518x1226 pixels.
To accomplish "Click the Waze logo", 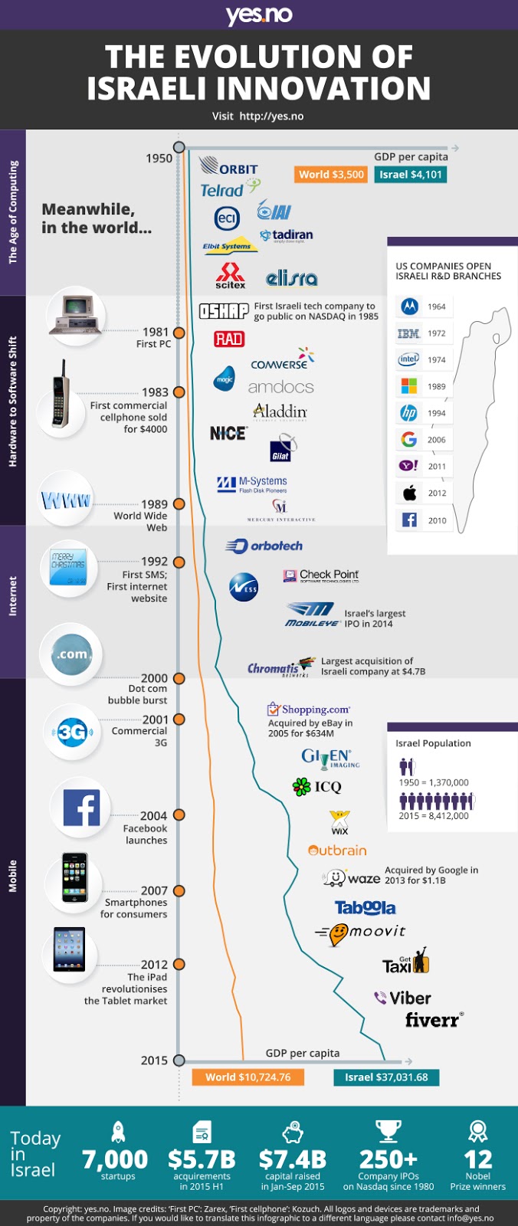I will click(352, 877).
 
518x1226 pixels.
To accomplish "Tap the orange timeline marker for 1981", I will click(179, 333).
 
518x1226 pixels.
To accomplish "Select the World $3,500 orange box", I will click(331, 175).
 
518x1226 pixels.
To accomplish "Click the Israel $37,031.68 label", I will click(386, 1077).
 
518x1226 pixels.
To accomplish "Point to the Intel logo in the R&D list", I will click(408, 359).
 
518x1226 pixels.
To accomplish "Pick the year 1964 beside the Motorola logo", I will click(437, 306).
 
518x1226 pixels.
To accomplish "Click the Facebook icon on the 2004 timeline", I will click(80, 808).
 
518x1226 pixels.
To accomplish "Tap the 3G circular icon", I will click(71, 733).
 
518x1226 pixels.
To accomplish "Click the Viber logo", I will click(402, 998).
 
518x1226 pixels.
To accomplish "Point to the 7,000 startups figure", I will click(116, 1159).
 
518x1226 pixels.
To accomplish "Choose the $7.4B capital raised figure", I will click(292, 1159).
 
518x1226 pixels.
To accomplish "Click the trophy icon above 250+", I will click(388, 1131).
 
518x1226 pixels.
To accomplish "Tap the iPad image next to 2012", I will click(69, 949).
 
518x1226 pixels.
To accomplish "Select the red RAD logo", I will click(228, 339).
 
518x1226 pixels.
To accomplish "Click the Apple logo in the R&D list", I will click(409, 493).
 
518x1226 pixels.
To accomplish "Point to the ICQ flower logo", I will click(301, 786).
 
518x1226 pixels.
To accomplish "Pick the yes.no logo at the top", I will click(259, 15).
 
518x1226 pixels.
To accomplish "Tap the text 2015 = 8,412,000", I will click(434, 816).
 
